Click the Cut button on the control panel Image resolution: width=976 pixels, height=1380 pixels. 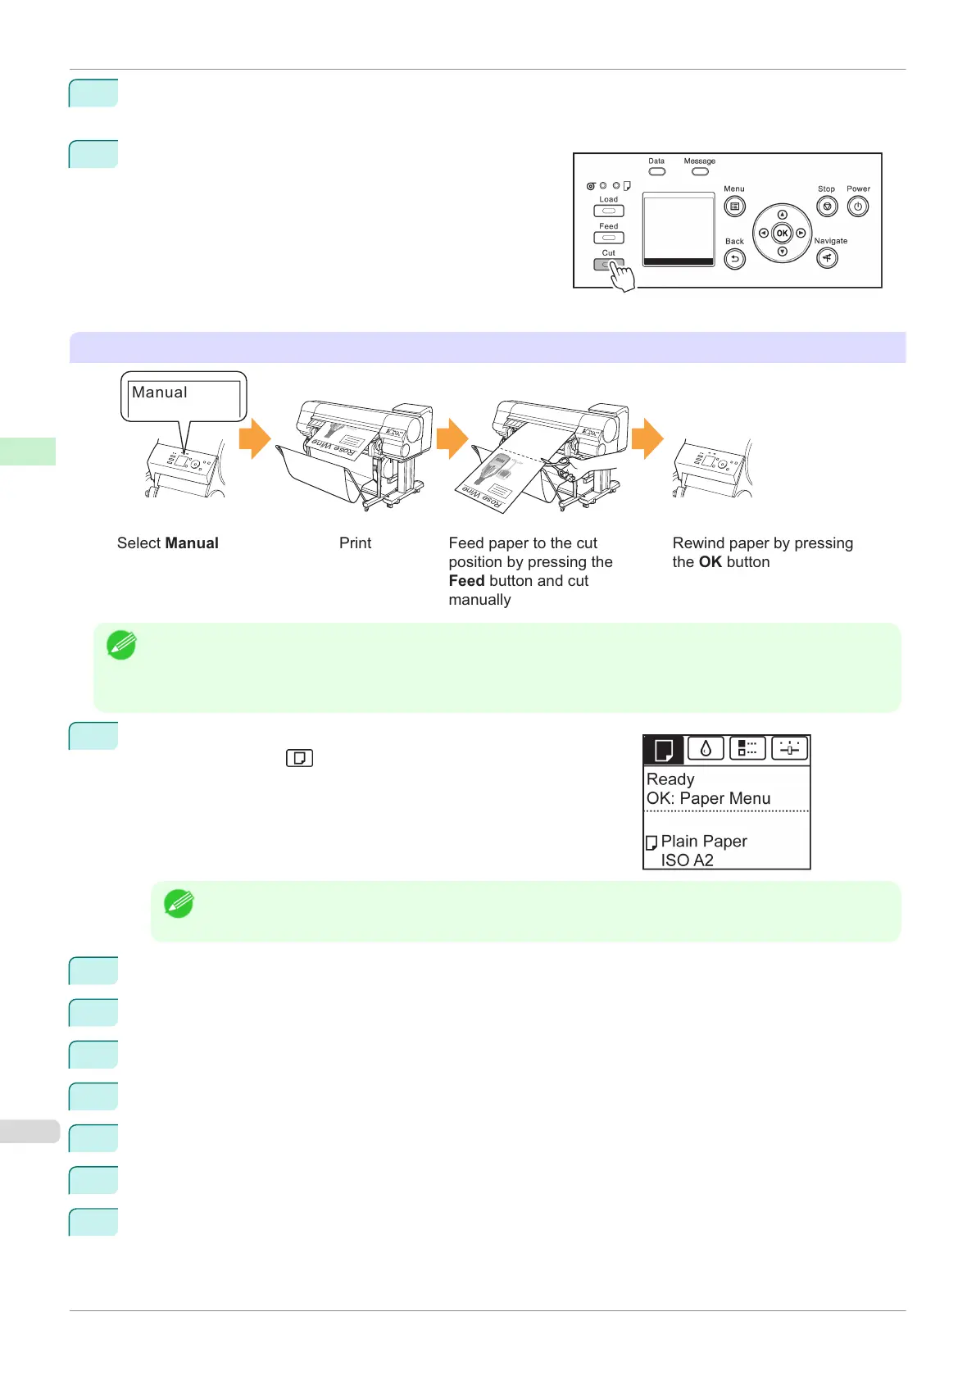pyautogui.click(x=608, y=264)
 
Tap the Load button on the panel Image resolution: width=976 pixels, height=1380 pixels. pyautogui.click(x=608, y=211)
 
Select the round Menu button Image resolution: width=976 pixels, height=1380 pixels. pyautogui.click(x=734, y=207)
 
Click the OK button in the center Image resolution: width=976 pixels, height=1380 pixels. pyautogui.click(x=782, y=233)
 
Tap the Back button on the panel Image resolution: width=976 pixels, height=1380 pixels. pyautogui.click(x=734, y=260)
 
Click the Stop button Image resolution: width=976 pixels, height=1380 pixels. pyautogui.click(x=827, y=207)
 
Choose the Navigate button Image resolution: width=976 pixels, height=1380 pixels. pyautogui.click(x=827, y=259)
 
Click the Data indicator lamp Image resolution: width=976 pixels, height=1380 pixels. pyautogui.click(x=656, y=171)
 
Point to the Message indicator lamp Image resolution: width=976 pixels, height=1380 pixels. pyautogui.click(x=699, y=171)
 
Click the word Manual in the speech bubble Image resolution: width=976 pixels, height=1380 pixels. pyautogui.click(x=160, y=393)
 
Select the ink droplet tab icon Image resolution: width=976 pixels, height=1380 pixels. pyautogui.click(x=705, y=748)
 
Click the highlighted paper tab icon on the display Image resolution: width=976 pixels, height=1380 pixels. pyautogui.click(x=663, y=749)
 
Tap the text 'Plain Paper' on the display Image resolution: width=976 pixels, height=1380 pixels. pyautogui.click(x=703, y=841)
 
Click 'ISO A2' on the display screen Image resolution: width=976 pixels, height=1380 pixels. pyautogui.click(x=687, y=860)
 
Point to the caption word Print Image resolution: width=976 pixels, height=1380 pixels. pyautogui.click(x=355, y=542)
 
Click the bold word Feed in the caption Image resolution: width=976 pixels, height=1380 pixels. pyautogui.click(x=466, y=580)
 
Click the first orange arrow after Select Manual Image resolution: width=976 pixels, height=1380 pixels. pyautogui.click(x=255, y=438)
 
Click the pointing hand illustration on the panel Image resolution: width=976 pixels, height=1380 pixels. pyautogui.click(x=622, y=276)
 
